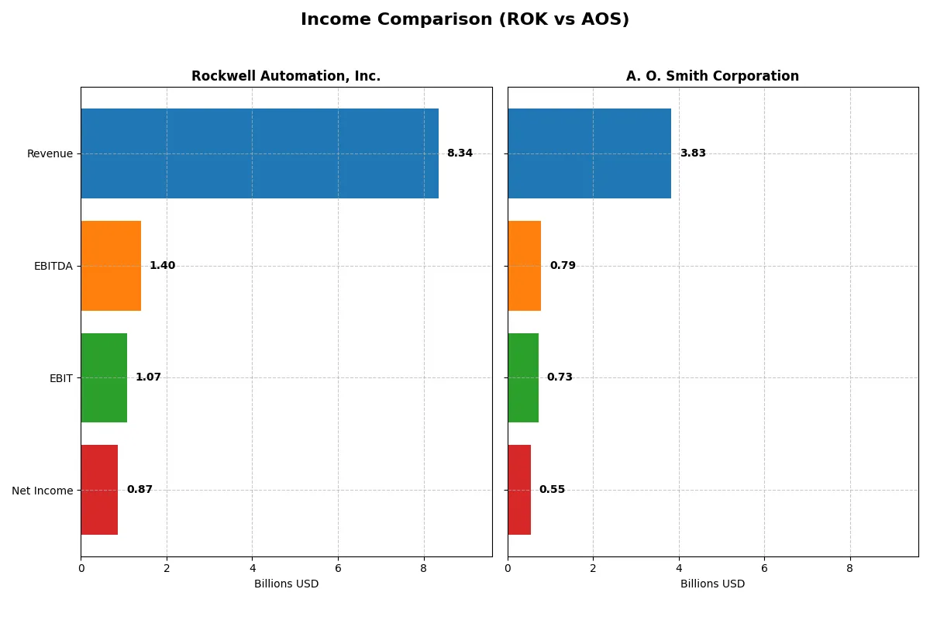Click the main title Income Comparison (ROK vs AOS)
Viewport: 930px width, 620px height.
coord(464,20)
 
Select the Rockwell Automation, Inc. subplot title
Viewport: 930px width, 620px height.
coord(286,76)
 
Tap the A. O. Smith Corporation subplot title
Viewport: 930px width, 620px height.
coord(712,76)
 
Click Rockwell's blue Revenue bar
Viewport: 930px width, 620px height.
coord(260,153)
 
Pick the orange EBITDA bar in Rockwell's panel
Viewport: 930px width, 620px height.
coord(111,266)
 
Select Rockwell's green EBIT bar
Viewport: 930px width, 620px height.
coord(104,377)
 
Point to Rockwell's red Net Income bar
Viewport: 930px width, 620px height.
coord(99,490)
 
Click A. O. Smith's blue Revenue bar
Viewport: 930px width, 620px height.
coord(589,153)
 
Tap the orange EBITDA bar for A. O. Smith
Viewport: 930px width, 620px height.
coord(525,266)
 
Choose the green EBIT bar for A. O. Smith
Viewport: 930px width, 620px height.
coord(523,377)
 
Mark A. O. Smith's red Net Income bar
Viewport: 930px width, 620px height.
coord(519,490)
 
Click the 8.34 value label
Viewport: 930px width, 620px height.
coord(460,153)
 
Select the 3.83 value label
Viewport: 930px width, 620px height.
coord(693,153)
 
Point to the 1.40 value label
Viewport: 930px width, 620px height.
coord(162,266)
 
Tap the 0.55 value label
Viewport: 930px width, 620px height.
coord(552,490)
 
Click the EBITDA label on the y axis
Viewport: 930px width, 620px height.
coord(53,266)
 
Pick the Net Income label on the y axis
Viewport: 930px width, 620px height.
coord(43,490)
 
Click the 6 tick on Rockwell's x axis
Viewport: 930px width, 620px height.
coord(338,568)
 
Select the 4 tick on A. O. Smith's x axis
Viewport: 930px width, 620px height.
coord(679,568)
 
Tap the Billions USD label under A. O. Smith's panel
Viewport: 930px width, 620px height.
coord(712,584)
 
